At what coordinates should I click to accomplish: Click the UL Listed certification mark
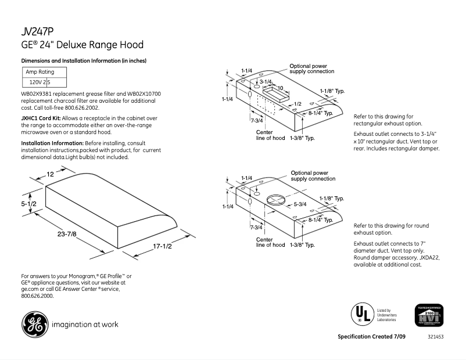[x=361, y=314]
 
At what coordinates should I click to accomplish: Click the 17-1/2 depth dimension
[x=163, y=246]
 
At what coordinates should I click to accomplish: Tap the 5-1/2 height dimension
[x=29, y=204]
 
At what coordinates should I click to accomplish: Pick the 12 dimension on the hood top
[x=51, y=174]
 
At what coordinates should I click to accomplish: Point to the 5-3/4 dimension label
[x=300, y=204]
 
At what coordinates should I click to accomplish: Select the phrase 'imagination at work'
[x=85, y=325]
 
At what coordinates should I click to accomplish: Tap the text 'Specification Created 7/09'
[x=372, y=337]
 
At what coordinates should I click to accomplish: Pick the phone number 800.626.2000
[x=37, y=296]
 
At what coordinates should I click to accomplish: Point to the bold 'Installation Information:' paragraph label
[x=52, y=143]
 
